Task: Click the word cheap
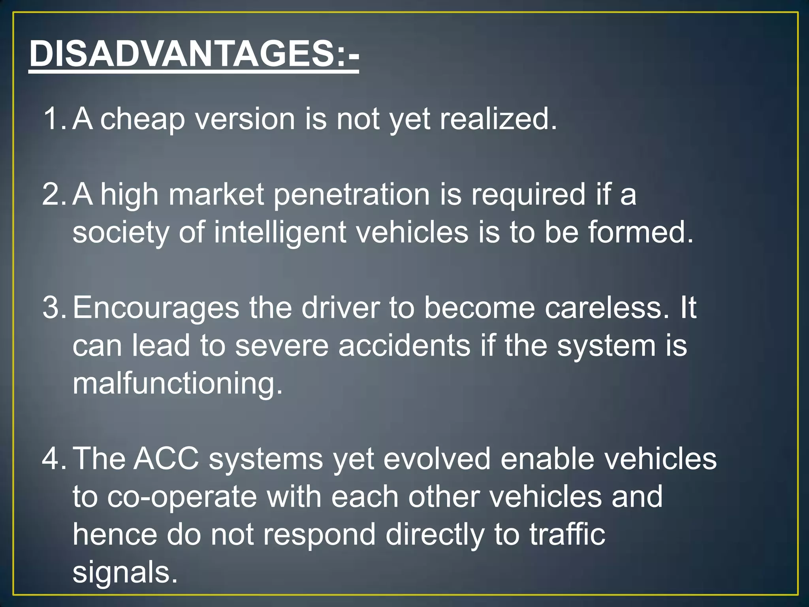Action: pyautogui.click(x=143, y=119)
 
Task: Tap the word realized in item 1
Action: pyautogui.click(x=498, y=119)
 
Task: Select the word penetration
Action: pyautogui.click(x=351, y=195)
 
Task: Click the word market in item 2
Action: pyautogui.click(x=216, y=195)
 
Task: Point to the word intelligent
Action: pyautogui.click(x=280, y=232)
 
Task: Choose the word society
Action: pyautogui.click(x=121, y=232)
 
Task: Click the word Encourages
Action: pyautogui.click(x=156, y=308)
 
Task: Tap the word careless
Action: pyautogui.click(x=607, y=308)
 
